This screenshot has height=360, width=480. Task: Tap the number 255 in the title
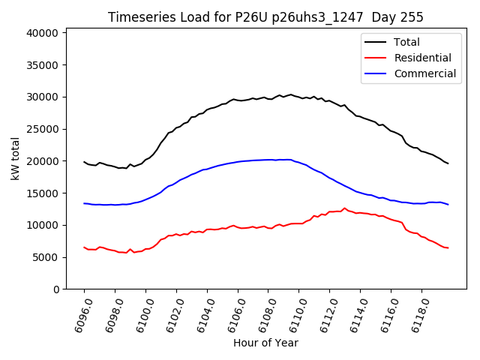coord(411,17)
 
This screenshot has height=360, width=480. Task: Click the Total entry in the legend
coord(406,43)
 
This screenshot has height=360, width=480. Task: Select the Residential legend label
coord(422,58)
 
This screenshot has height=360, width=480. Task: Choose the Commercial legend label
coord(424,73)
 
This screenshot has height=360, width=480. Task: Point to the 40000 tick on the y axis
coord(43,33)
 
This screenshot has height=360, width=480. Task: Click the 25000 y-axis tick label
coord(43,129)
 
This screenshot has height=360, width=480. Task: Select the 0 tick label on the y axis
coord(56,289)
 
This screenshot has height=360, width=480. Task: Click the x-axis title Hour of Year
coord(265,343)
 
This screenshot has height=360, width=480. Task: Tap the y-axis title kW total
coord(16,159)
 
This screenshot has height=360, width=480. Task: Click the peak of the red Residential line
coord(345,208)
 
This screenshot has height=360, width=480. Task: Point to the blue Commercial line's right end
coord(448,204)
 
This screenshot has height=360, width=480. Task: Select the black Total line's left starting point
coord(84,161)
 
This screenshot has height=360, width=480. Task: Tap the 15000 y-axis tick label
coord(43,193)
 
